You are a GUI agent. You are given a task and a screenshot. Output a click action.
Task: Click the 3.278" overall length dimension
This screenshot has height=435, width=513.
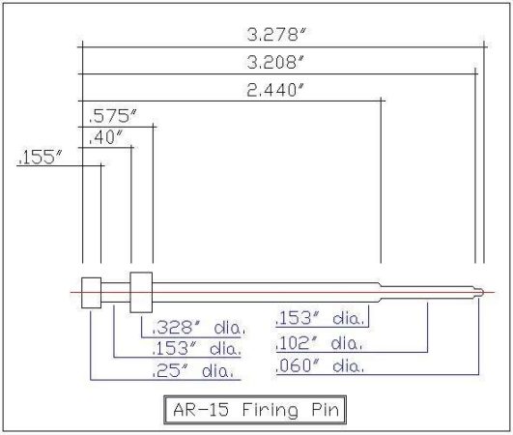point(276,36)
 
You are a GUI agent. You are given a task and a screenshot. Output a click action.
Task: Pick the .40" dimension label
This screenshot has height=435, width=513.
point(106,137)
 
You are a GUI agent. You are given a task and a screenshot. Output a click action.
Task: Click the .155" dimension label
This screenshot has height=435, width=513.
point(39,156)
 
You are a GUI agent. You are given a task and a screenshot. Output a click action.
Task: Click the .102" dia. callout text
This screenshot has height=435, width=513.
point(319,343)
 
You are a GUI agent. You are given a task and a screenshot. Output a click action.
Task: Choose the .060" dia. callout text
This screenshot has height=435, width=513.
point(319,366)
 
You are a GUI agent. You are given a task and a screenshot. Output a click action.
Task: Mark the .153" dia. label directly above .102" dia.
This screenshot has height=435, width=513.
point(319,318)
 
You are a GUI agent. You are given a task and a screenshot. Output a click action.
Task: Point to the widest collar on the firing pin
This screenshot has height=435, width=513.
point(141,290)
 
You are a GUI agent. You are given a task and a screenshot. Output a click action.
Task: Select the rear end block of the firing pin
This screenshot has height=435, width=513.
point(91,291)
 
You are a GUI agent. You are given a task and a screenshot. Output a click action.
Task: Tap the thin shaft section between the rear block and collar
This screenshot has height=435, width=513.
point(116,290)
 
